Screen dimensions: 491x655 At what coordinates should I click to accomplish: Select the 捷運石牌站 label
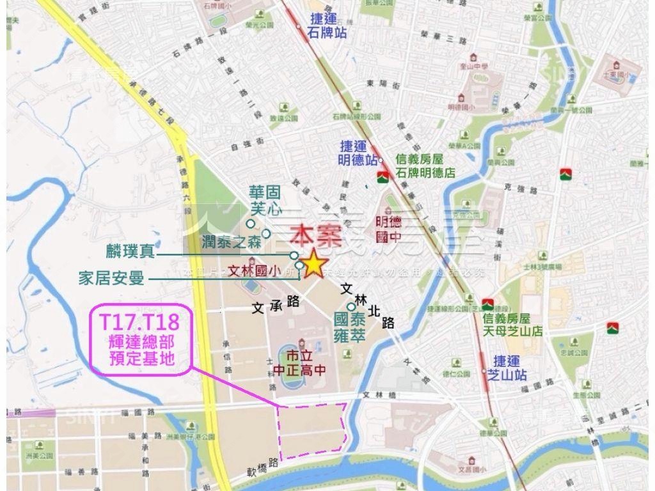coord(327,26)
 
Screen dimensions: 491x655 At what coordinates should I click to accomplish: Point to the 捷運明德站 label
coord(358,153)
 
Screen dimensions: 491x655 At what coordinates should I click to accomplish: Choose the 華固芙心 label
coord(266,199)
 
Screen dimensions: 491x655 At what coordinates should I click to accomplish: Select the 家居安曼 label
coord(111,278)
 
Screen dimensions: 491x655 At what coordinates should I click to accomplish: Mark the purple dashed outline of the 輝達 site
coord(312,430)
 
